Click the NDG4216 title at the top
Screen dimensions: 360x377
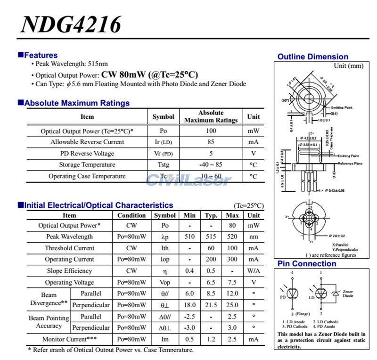(x=71, y=24)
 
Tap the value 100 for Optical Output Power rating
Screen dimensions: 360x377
(x=211, y=131)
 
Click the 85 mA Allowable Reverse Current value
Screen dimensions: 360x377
(x=211, y=142)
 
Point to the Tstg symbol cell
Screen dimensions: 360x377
(x=163, y=165)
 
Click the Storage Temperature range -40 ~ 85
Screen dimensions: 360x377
(x=211, y=165)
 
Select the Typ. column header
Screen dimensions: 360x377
(x=211, y=215)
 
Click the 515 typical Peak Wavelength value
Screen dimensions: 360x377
(x=211, y=237)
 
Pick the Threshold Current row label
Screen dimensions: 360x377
(x=69, y=248)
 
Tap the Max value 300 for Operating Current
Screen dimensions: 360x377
(x=232, y=260)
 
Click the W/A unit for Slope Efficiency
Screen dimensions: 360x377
(x=254, y=271)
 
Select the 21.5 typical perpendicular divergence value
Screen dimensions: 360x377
(x=211, y=305)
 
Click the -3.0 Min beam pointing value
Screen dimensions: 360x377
(x=189, y=328)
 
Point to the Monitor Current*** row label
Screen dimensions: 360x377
(x=69, y=339)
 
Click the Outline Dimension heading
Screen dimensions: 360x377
(x=313, y=57)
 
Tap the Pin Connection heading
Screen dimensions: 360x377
(x=307, y=264)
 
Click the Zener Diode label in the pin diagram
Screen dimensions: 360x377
(x=348, y=294)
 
